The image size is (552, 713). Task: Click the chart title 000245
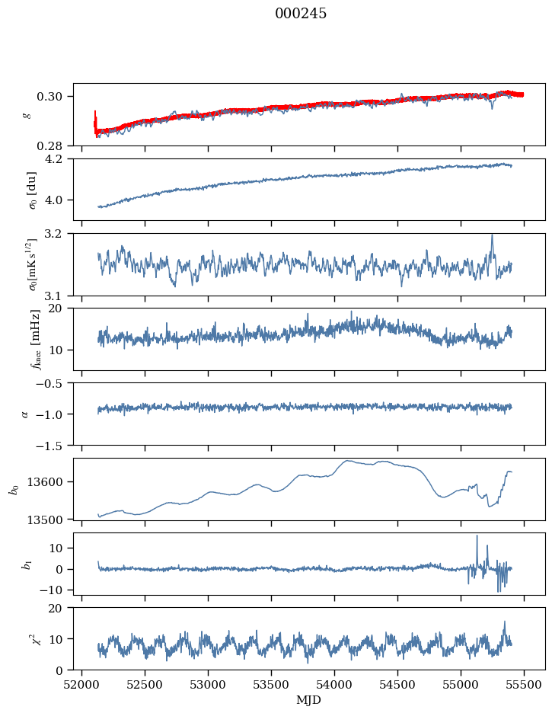click(301, 14)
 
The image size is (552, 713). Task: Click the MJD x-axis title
click(308, 700)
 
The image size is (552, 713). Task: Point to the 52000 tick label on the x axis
click(81, 685)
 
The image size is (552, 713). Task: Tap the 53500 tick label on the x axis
click(271, 685)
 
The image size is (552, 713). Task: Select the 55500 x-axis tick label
click(524, 685)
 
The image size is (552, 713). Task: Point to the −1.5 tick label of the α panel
click(51, 446)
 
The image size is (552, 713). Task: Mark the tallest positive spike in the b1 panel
click(477, 536)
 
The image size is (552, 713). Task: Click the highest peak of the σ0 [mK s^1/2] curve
click(492, 235)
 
